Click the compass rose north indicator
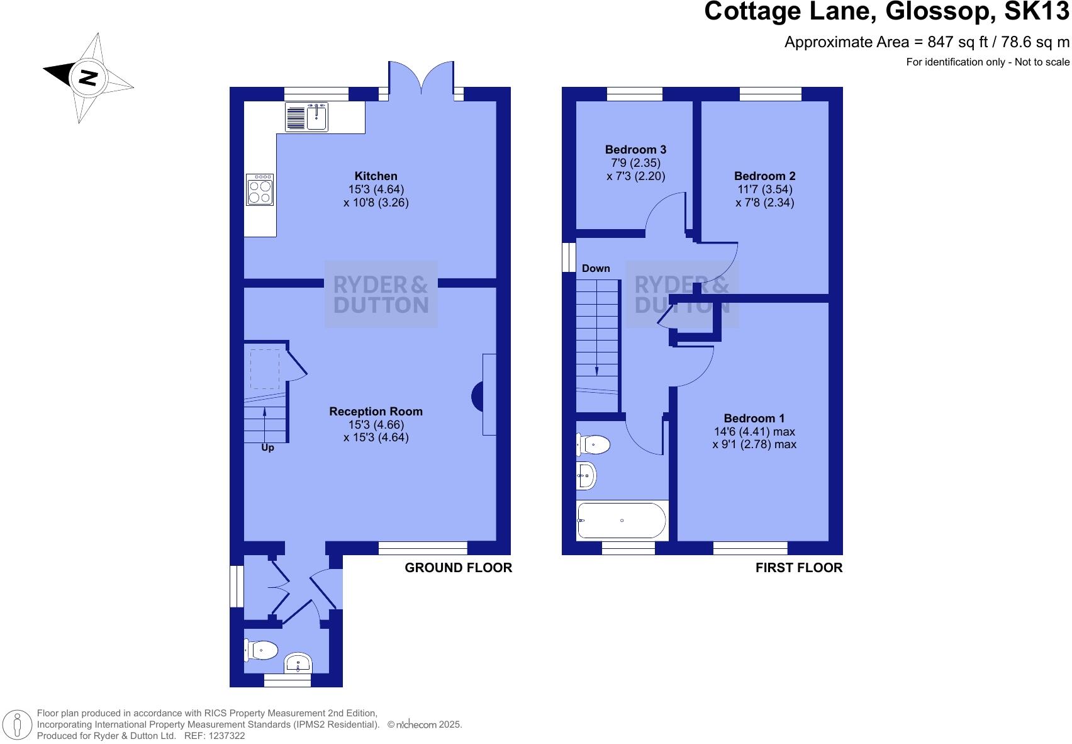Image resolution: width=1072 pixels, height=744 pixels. [87, 77]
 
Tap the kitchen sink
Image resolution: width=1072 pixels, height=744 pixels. [316, 117]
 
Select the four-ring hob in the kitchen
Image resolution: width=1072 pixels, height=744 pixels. [260, 189]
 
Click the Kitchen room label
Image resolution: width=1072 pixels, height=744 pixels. [376, 176]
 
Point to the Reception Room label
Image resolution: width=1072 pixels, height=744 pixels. [376, 412]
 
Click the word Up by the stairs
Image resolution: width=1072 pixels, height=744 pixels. [267, 448]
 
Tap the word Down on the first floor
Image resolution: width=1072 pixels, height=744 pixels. [596, 269]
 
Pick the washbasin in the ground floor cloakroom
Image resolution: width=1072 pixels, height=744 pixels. [298, 663]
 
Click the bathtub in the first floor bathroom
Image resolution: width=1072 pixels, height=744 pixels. [622, 521]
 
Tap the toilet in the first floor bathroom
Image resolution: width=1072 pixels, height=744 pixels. [594, 445]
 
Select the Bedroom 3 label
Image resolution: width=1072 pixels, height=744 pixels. [635, 150]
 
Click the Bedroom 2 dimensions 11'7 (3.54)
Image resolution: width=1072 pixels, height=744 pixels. [764, 189]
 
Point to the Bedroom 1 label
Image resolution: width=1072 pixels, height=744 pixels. [754, 419]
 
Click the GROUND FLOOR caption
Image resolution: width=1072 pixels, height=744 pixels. [458, 568]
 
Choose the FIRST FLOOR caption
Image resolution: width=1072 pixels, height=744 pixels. [798, 568]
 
